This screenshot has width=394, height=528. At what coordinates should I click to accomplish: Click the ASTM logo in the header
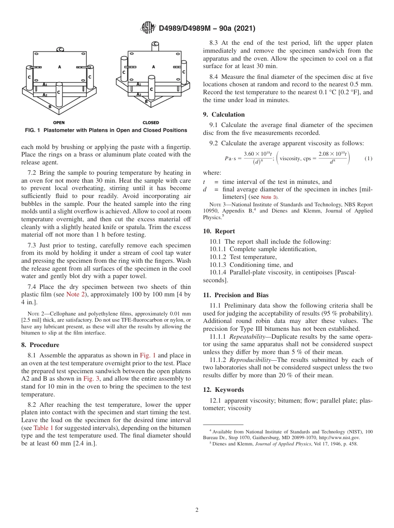coord(148,28)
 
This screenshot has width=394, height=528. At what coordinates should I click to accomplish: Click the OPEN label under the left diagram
coord(59,123)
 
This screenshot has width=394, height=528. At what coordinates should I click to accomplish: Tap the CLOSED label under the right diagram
coord(151,123)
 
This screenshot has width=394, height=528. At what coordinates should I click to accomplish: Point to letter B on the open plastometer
coord(50,107)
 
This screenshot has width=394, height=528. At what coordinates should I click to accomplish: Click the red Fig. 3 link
coord(90,379)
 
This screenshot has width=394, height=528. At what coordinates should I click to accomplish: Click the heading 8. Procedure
coord(40,345)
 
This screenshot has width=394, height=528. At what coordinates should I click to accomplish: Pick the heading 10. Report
coord(219,231)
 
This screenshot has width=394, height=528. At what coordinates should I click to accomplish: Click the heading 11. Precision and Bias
coord(236,295)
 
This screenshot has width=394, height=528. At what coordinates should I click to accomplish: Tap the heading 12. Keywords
coord(224,390)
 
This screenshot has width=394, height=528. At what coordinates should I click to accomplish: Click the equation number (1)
coord(368,159)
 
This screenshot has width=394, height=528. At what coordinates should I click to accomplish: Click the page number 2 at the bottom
coord(197,510)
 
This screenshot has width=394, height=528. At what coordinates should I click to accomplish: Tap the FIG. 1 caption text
coord(106,130)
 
